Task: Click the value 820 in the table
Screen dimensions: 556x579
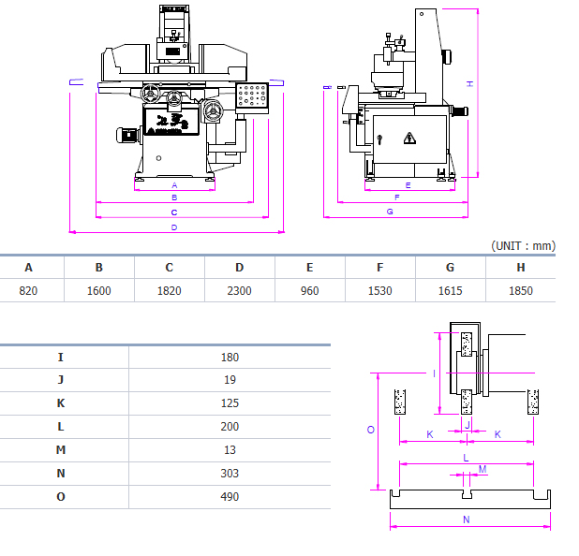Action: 28,290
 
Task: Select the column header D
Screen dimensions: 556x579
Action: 240,267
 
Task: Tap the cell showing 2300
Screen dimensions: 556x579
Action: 240,290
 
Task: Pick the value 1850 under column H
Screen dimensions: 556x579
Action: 520,290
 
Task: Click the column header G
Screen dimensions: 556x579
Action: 450,267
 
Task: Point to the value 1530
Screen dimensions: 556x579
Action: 379,290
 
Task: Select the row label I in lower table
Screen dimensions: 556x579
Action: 61,357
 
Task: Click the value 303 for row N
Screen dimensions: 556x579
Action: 230,474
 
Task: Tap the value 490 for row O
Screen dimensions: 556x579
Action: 230,496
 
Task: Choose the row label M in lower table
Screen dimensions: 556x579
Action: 61,450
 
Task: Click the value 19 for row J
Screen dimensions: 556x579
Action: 230,380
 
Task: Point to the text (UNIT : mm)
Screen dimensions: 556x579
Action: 523,245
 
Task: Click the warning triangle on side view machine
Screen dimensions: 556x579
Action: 408,139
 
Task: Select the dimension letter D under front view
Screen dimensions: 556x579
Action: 174,227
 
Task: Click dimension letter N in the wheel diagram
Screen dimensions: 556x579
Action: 466,519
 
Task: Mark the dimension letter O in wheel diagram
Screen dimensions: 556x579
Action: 371,430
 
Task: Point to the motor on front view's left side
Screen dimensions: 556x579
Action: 126,135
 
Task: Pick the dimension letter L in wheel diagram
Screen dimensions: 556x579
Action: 466,457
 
